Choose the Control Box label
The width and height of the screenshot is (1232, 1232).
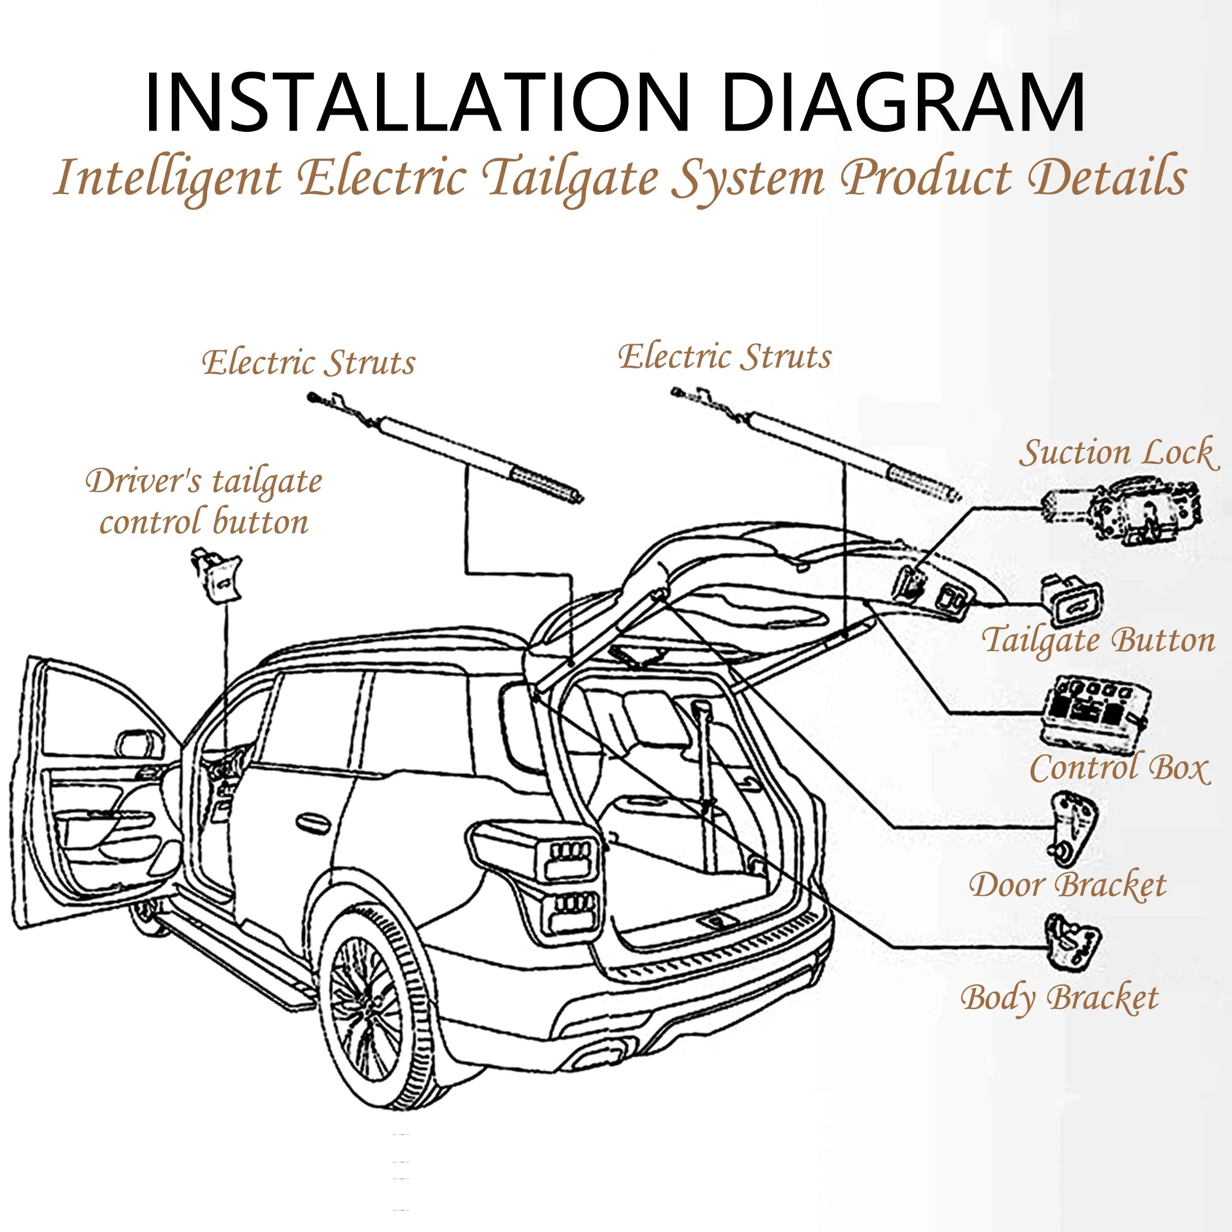pyautogui.click(x=1119, y=768)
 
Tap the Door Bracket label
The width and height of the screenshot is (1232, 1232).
pyautogui.click(x=1068, y=885)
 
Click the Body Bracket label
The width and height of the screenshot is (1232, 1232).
pyautogui.click(x=1059, y=998)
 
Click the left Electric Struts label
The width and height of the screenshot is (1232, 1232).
pyautogui.click(x=309, y=363)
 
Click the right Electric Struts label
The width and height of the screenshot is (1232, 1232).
pyautogui.click(x=724, y=357)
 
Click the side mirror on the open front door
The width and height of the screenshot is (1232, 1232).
pyautogui.click(x=138, y=742)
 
